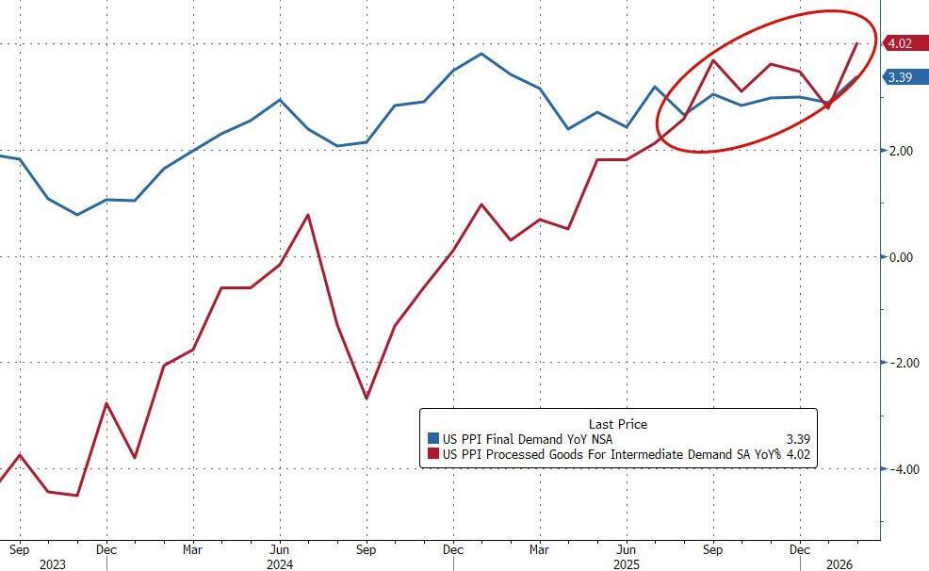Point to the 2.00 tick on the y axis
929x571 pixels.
(902, 151)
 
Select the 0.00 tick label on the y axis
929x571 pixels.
(902, 257)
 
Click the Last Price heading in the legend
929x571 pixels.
(617, 424)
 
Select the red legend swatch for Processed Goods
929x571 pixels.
(433, 455)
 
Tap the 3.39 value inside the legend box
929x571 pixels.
(797, 439)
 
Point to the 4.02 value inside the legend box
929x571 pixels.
(797, 455)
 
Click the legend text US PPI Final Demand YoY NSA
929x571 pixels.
(532, 439)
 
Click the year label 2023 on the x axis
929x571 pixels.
(54, 564)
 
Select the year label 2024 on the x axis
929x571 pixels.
(279, 564)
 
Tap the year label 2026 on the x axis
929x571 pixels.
(841, 564)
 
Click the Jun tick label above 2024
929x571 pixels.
(279, 548)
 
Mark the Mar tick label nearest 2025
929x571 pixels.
(539, 548)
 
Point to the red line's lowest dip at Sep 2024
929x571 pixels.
(367, 399)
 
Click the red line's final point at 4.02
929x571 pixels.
(856, 43)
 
